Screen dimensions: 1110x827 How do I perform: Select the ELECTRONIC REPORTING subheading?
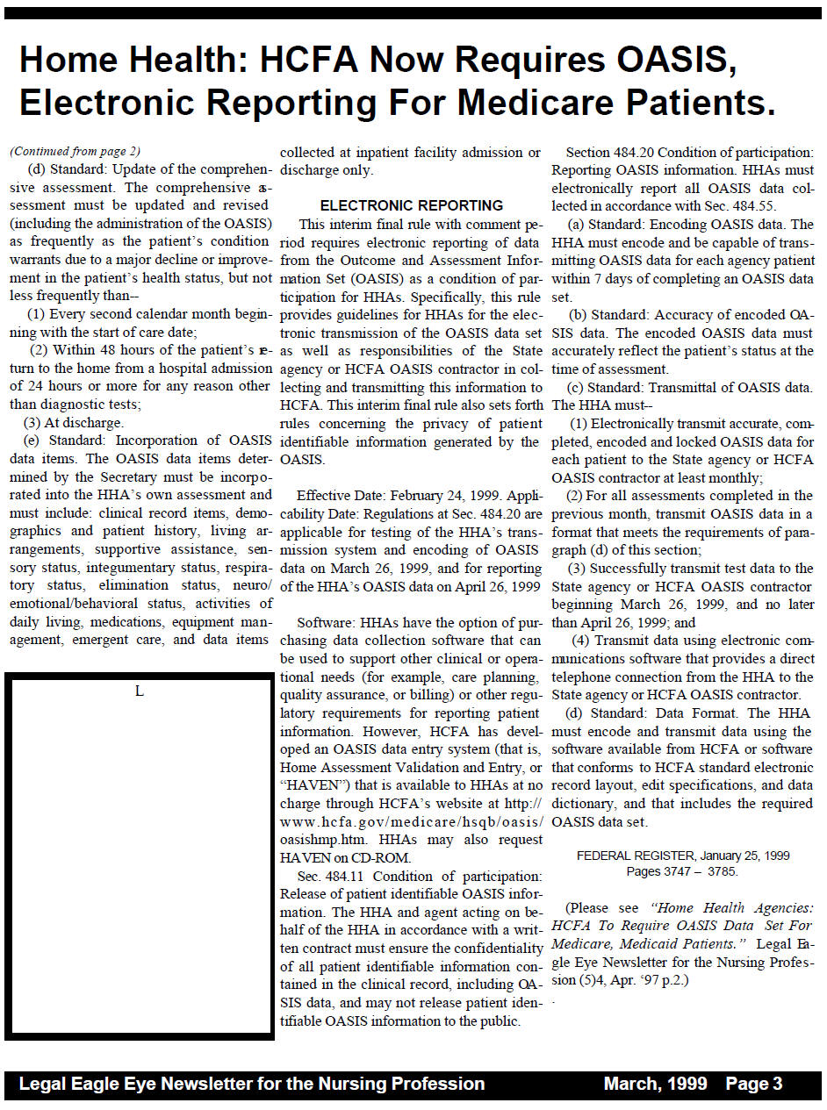coord(411,206)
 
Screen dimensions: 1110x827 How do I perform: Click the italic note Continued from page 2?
coord(75,151)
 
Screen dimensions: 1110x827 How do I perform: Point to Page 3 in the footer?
coord(753,1084)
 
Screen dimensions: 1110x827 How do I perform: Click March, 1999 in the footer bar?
coord(655,1084)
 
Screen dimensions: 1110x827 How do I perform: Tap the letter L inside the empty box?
coord(139,691)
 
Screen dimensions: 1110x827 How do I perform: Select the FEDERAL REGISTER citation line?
coord(682,856)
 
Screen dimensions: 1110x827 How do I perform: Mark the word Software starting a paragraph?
coord(325,623)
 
